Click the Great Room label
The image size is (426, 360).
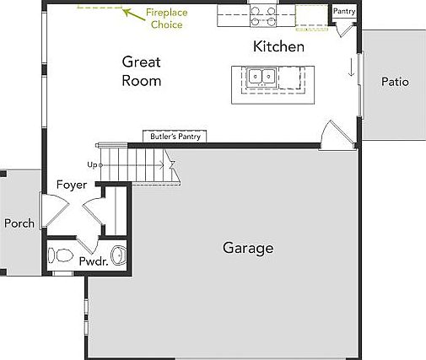[141, 71]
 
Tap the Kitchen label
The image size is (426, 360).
[278, 46]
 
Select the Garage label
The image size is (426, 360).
[248, 248]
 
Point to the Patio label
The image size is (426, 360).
[394, 82]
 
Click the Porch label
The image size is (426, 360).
[19, 223]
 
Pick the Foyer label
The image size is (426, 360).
[71, 185]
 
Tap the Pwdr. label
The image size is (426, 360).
[92, 261]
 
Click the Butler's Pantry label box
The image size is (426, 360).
[173, 136]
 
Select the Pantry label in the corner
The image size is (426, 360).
[344, 11]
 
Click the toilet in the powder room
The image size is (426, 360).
[61, 254]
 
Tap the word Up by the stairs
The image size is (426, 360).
[92, 165]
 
